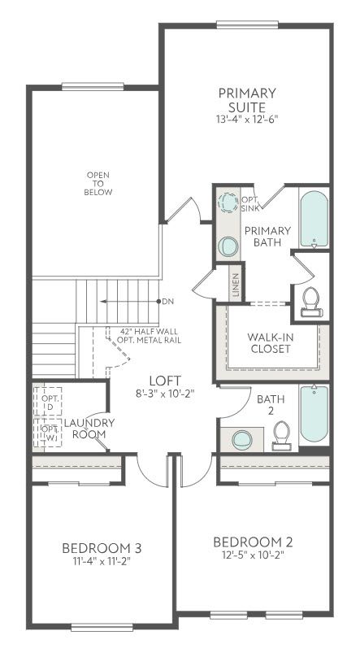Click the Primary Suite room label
(247, 99)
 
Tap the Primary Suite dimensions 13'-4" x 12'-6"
(247, 119)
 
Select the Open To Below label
(98, 184)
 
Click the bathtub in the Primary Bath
(314, 219)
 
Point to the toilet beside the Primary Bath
(310, 302)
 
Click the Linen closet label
(236, 286)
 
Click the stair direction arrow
(129, 301)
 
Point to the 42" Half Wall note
(149, 332)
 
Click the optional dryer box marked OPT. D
(48, 402)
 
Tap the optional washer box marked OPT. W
(48, 433)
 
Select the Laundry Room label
(89, 428)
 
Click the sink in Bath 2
(242, 440)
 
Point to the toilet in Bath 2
(282, 436)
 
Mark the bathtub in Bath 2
(314, 414)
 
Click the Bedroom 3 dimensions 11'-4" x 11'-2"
(102, 561)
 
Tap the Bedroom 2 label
(253, 542)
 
